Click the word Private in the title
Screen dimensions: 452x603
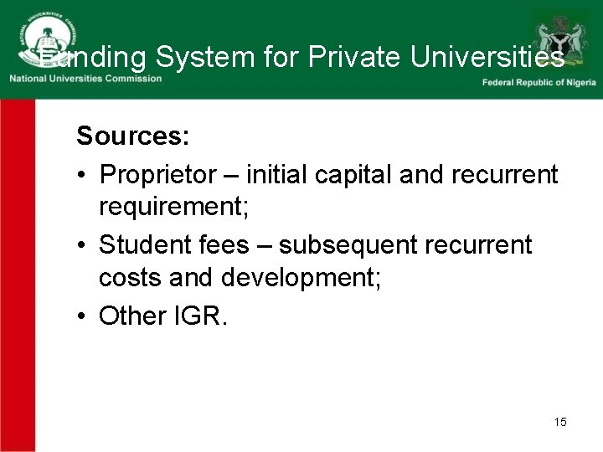[355, 57]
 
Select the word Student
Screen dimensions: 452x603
[143, 244]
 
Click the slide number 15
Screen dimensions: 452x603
[560, 422]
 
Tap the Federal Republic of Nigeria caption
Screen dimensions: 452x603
[538, 82]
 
